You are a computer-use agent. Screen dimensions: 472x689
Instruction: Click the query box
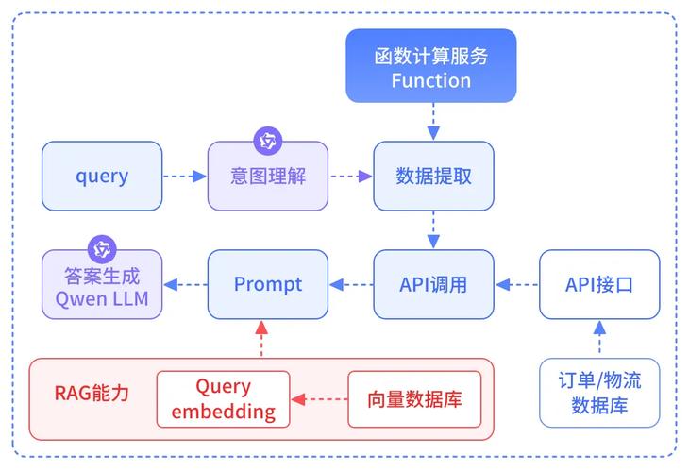click(102, 176)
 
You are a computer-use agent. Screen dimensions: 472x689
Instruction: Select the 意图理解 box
click(268, 177)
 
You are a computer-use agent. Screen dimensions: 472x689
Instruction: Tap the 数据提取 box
click(433, 177)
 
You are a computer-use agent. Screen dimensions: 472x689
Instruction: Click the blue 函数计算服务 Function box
click(430, 66)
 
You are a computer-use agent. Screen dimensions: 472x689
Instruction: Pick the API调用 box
click(433, 284)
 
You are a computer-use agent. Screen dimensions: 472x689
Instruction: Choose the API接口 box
click(599, 284)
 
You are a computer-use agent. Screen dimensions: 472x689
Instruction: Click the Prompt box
click(268, 284)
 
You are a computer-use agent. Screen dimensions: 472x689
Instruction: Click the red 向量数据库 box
click(421, 399)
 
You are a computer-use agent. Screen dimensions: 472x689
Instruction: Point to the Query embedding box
click(223, 399)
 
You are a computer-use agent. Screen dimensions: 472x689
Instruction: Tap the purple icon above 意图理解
click(268, 142)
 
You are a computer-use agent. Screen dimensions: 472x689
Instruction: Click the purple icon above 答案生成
click(102, 250)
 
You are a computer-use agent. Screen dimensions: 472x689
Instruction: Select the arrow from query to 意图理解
click(185, 176)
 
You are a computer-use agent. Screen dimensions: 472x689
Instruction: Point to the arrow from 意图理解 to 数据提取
click(351, 176)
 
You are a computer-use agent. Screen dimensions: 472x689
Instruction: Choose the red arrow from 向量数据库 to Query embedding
click(319, 399)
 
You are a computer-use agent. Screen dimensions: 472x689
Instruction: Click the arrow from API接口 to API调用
click(516, 284)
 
